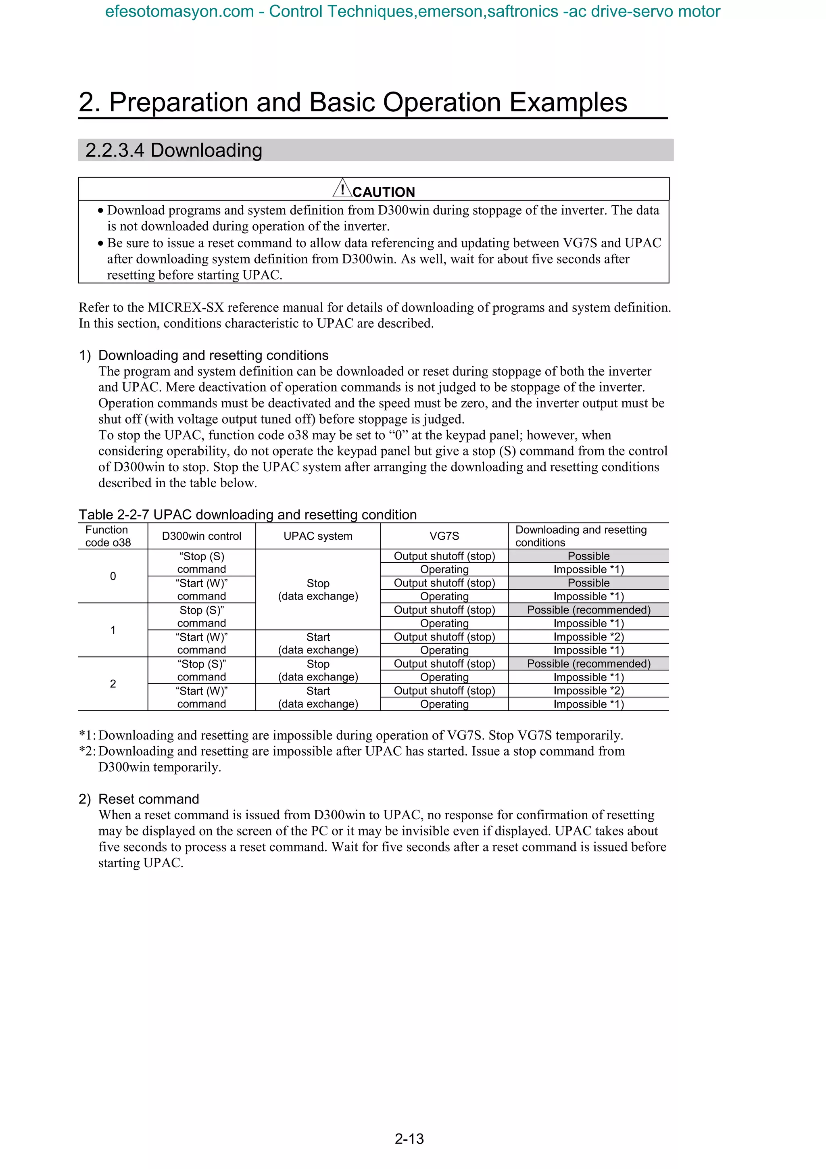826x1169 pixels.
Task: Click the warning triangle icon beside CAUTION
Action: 342,188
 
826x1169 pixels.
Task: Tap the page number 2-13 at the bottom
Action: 409,1138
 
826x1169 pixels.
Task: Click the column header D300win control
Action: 202,536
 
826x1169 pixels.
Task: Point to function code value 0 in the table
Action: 113,576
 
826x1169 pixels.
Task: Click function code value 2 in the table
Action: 113,684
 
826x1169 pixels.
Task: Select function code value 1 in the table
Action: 113,630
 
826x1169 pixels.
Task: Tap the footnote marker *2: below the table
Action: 87,751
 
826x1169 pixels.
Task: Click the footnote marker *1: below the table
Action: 87,735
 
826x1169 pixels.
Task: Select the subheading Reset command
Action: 148,799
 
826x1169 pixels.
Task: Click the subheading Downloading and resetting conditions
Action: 213,355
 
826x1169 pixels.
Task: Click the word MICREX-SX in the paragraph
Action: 186,307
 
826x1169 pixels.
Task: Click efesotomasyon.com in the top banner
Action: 179,11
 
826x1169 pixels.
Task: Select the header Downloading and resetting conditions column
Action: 581,536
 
